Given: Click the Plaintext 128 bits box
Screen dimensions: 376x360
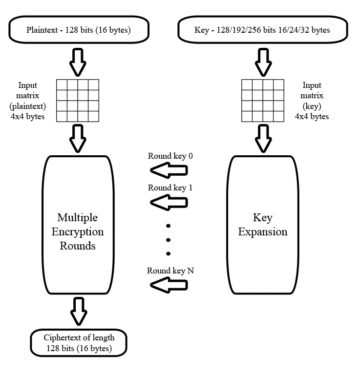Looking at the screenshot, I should point(79,30).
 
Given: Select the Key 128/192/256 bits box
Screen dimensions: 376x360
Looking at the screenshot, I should point(263,30).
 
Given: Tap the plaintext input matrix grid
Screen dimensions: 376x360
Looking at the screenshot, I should point(78,100).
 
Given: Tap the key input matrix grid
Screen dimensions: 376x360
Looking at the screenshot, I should point(263,100).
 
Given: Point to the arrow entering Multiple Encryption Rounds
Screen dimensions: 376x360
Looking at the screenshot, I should point(78,138).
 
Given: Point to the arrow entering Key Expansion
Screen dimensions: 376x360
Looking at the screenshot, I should point(263,138).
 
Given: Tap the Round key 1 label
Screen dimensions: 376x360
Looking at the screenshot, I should point(167,188).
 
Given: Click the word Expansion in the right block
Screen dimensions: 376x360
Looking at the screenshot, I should point(263,231).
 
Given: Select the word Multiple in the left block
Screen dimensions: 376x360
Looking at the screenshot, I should point(78,217).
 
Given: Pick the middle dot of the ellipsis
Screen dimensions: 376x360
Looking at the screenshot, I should point(168,239).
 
